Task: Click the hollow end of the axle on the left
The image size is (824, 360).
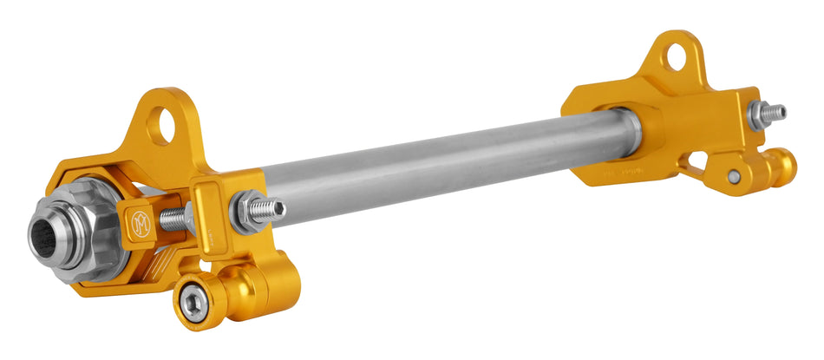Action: (x=43, y=236)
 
